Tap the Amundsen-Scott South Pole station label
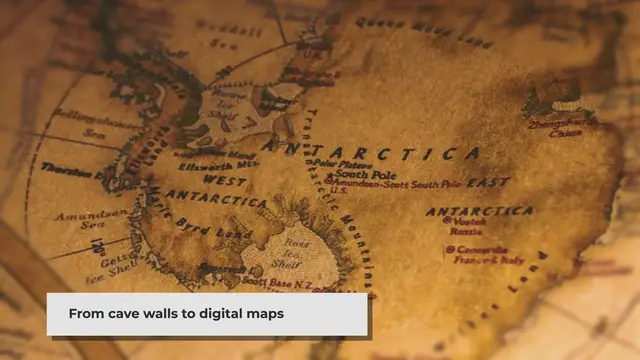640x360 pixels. coord(400,184)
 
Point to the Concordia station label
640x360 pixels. coord(478,252)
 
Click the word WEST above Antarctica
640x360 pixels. coord(225,180)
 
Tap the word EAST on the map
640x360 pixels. coord(490,183)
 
